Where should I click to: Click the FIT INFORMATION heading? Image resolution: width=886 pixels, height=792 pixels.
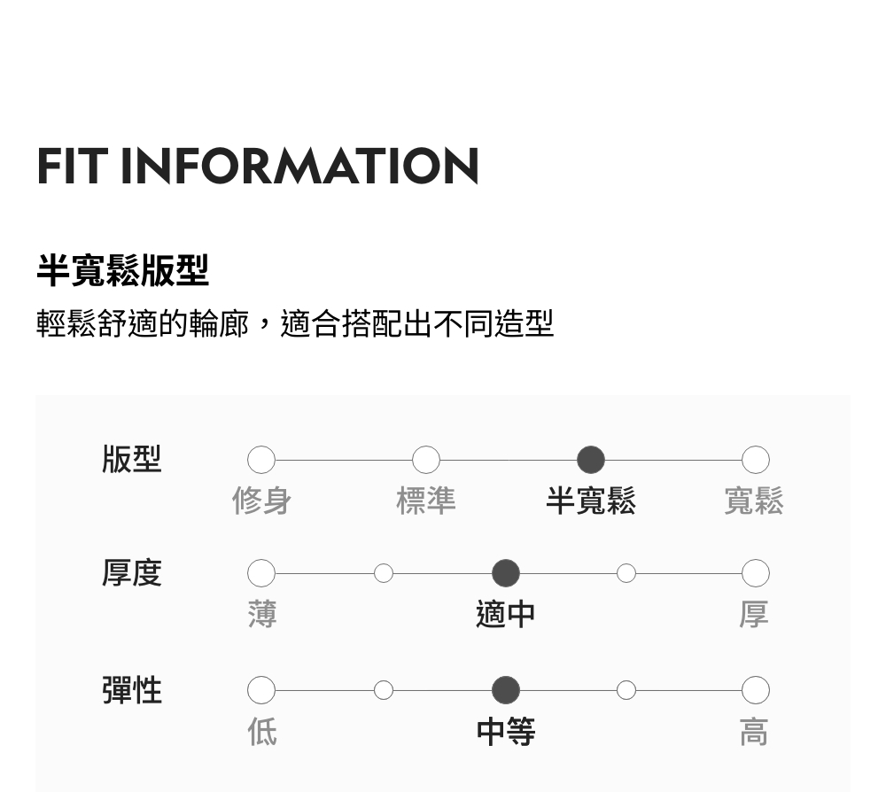tap(258, 167)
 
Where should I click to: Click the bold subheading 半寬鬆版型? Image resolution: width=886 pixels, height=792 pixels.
tap(122, 270)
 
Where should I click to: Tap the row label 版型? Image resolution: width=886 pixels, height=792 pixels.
tap(132, 460)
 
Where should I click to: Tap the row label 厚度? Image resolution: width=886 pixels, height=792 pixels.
tap(132, 573)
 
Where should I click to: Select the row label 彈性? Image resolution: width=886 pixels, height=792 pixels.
tap(132, 689)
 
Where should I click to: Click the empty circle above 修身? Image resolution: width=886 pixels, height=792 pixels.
tap(261, 460)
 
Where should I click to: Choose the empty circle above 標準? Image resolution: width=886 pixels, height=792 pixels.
tap(426, 460)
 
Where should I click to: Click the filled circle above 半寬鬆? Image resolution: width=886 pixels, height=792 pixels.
tap(591, 460)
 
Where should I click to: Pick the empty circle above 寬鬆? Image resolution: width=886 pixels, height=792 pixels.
tap(755, 460)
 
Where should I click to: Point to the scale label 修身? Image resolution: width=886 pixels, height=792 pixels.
tap(261, 501)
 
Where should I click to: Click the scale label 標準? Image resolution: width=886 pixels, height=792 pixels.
tap(426, 501)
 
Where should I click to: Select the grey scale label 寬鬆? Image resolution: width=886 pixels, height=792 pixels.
tap(754, 501)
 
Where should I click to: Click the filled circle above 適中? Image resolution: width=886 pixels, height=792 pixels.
tap(506, 573)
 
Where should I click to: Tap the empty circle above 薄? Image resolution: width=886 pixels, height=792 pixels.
tap(261, 573)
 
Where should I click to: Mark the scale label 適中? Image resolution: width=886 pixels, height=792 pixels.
tap(506, 614)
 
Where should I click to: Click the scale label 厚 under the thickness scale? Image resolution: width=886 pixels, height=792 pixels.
tap(754, 614)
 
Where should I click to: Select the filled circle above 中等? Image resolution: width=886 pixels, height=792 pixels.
tap(506, 689)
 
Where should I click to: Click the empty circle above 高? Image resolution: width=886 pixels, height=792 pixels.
tap(755, 689)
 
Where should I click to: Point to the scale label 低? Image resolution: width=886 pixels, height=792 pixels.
tap(262, 732)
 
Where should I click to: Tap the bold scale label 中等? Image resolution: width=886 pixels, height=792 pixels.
tap(506, 732)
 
